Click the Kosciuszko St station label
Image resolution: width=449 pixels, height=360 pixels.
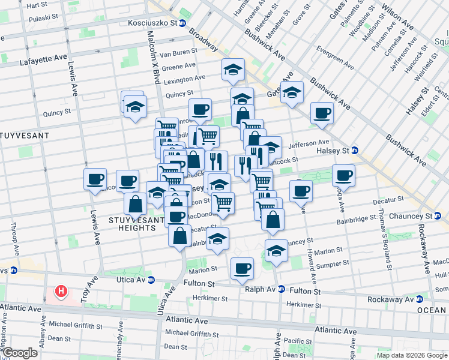(x=153, y=23)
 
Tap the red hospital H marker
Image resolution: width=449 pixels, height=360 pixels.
(x=61, y=292)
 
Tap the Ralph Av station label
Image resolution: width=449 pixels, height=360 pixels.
(x=259, y=289)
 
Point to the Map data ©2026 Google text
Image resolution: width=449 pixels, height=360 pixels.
(x=412, y=355)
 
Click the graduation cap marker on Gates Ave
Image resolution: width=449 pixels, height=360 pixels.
(x=292, y=92)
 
